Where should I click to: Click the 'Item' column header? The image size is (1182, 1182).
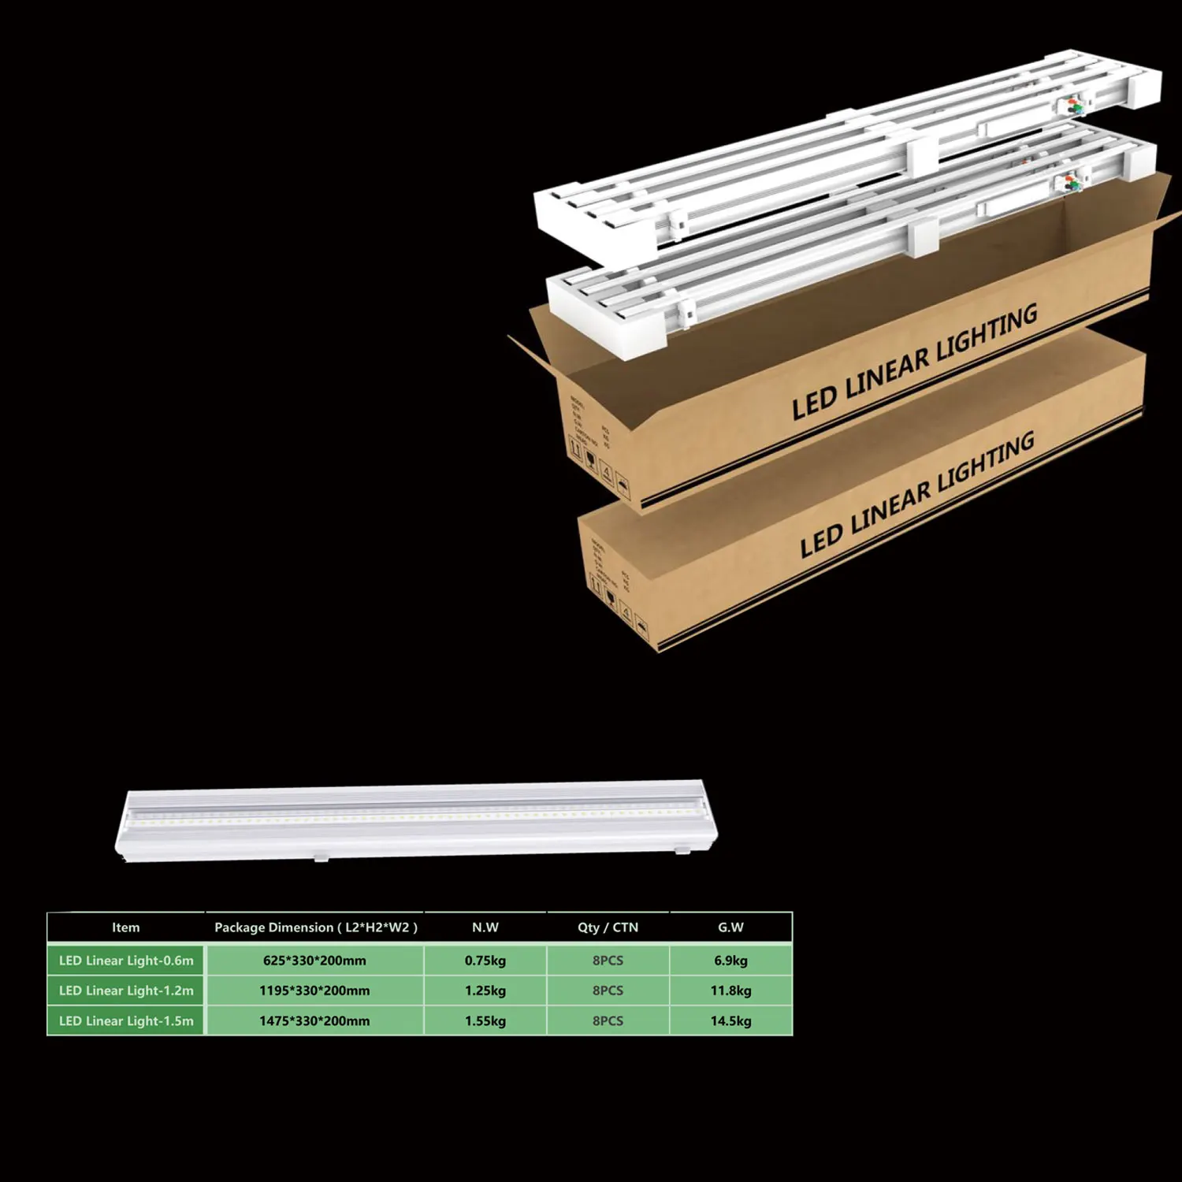(x=125, y=927)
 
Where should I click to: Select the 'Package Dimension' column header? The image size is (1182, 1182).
(x=315, y=927)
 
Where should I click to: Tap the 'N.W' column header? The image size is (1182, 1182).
(x=485, y=927)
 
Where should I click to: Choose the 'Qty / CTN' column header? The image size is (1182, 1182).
(x=608, y=927)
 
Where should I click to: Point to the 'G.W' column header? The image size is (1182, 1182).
(x=730, y=927)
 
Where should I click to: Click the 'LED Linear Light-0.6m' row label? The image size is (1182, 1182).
(x=126, y=961)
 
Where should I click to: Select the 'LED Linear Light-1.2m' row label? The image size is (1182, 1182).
(x=126, y=991)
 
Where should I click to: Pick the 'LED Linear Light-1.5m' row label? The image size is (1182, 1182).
(x=126, y=1020)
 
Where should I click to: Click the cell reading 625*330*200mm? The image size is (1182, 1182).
(x=314, y=961)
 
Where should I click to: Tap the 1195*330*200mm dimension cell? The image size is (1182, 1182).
(x=314, y=991)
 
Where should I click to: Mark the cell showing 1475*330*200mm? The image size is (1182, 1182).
(x=314, y=1020)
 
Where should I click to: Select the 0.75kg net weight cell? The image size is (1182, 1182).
(x=485, y=961)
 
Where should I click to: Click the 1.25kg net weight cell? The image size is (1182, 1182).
(x=485, y=991)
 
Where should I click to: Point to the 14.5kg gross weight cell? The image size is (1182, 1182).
(x=730, y=1020)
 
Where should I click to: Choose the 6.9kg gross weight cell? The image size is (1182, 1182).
(x=730, y=961)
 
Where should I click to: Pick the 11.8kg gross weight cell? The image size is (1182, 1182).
(x=730, y=991)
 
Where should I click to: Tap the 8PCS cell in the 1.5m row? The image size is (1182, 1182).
(x=608, y=1020)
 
